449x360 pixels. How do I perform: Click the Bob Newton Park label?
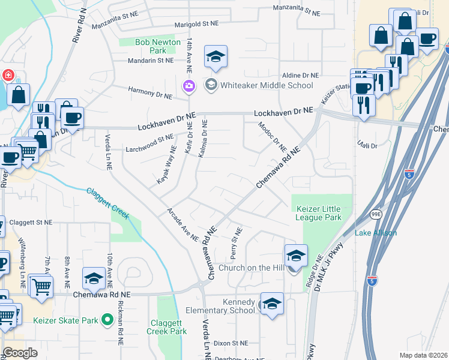click(x=149, y=47)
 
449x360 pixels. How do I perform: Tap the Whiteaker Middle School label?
click(x=267, y=85)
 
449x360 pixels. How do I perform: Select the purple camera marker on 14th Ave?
click(x=189, y=88)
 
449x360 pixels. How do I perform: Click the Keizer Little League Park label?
click(x=319, y=213)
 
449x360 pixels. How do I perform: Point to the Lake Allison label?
click(x=375, y=233)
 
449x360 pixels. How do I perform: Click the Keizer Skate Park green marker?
click(x=108, y=320)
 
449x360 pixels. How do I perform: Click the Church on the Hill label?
click(x=251, y=268)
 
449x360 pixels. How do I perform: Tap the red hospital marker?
click(x=8, y=76)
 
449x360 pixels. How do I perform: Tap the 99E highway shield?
click(x=376, y=213)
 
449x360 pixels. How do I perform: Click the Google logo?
click(x=20, y=353)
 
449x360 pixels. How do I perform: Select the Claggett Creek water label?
click(x=108, y=203)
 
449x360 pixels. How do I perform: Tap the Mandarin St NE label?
click(x=151, y=61)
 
